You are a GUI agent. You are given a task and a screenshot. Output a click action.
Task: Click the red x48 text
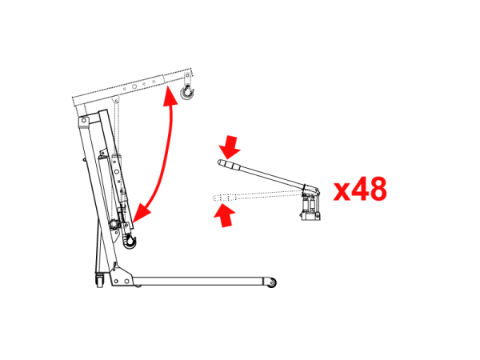(360, 189)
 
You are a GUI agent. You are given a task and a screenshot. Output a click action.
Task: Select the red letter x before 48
(342, 192)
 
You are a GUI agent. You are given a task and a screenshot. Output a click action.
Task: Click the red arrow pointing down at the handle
(230, 147)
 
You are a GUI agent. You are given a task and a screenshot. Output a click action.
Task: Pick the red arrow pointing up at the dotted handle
(225, 216)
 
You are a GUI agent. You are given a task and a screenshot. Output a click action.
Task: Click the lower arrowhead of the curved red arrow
(142, 213)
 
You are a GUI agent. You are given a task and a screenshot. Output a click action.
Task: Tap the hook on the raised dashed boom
(186, 92)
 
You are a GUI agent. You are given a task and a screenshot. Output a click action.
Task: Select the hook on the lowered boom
(130, 241)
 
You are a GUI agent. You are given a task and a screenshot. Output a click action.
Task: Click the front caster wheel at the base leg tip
(271, 283)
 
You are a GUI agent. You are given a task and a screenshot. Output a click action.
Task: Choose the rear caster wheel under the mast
(100, 280)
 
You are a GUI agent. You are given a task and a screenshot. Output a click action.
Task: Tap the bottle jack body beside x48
(310, 206)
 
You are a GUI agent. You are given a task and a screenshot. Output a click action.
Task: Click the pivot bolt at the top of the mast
(83, 121)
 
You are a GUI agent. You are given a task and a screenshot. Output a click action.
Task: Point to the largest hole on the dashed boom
(134, 86)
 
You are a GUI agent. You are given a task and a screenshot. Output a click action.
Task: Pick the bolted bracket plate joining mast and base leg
(121, 275)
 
